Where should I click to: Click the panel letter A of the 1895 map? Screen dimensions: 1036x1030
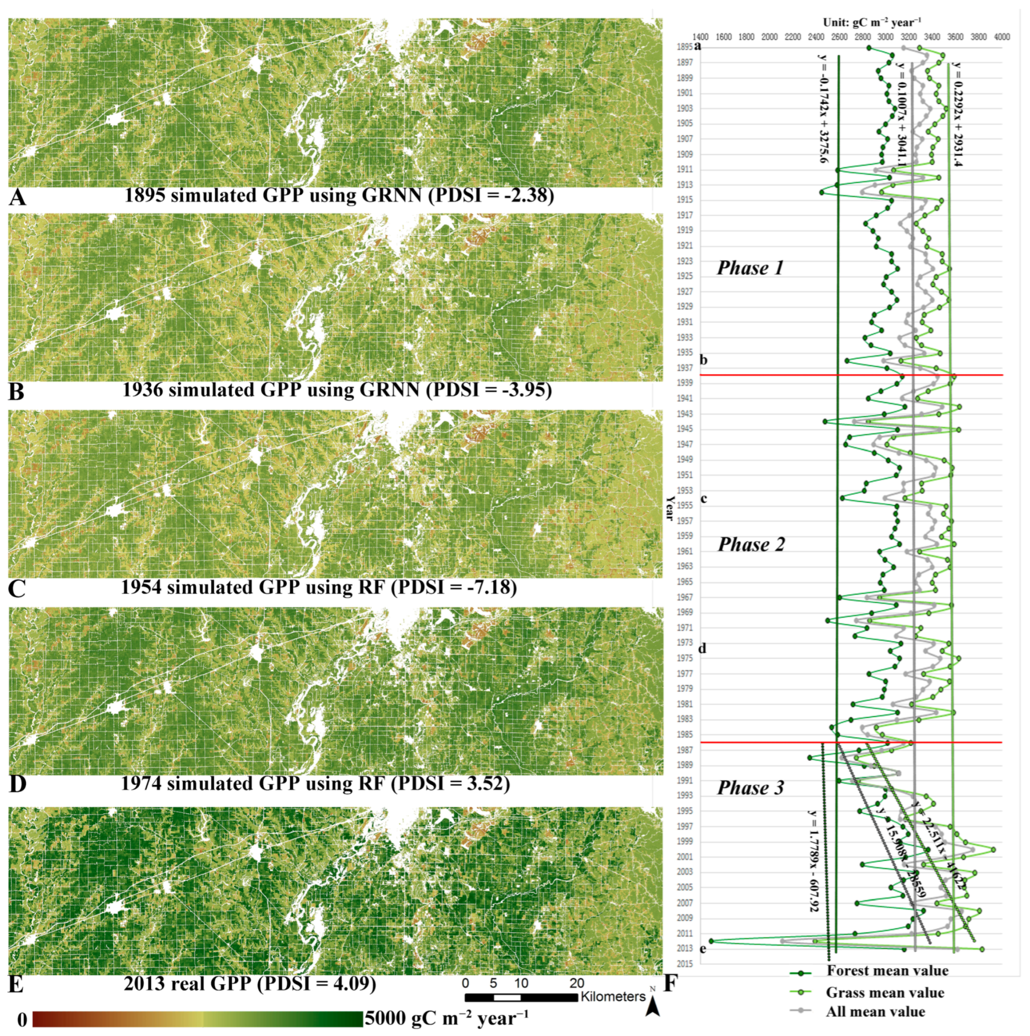point(17,197)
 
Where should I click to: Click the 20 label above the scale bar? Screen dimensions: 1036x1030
point(577,983)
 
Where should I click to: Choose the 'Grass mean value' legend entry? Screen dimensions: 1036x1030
point(884,993)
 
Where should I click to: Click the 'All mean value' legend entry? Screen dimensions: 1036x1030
point(875,1012)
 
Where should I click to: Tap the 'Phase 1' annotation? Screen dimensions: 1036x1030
point(750,268)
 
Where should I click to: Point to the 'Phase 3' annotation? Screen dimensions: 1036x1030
point(750,788)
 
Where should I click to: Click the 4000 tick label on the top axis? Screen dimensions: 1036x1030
point(1002,37)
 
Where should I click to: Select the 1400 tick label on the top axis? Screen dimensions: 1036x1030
point(700,37)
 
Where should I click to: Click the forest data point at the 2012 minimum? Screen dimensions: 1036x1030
point(712,941)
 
